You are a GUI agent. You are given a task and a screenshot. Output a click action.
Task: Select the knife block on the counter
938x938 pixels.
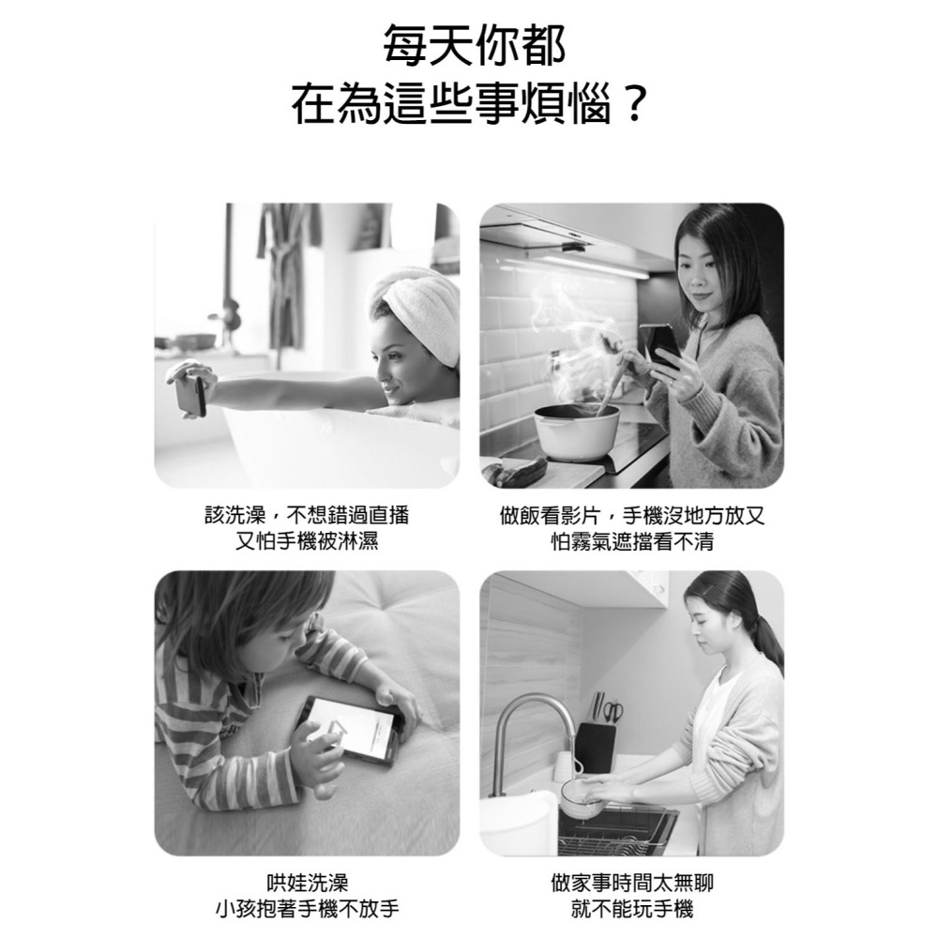coord(596,746)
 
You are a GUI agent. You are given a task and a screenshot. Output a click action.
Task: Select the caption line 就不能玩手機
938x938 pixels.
coord(631,908)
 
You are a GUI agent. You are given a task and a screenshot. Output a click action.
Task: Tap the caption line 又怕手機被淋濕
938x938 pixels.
coord(307,541)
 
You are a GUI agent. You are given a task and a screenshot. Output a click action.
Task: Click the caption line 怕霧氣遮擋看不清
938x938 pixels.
coord(631,541)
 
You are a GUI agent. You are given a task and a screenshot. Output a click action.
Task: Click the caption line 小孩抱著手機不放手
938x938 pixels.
coord(307,908)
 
